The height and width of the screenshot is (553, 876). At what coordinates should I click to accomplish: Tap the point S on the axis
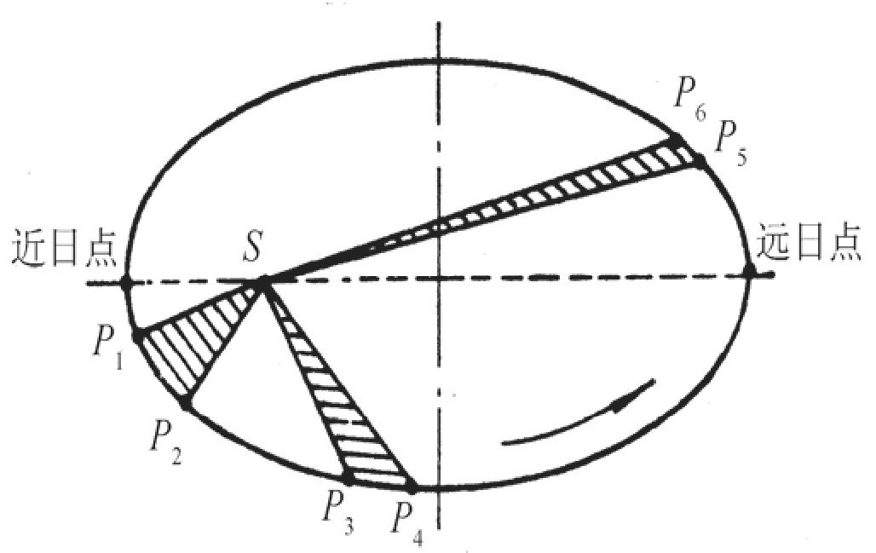264,281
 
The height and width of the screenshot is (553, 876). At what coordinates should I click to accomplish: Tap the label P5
730,138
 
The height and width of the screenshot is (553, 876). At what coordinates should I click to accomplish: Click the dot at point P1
138,334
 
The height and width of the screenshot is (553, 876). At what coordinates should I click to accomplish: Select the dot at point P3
348,480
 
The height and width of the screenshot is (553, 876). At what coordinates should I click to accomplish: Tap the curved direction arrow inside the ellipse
579,418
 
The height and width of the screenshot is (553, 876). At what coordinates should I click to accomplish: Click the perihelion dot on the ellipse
126,283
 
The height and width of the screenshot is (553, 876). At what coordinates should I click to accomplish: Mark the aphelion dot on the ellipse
750,273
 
